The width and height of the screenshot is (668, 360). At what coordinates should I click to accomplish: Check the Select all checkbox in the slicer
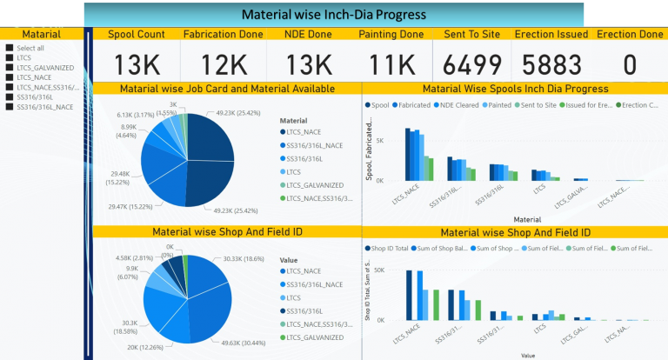[9, 48]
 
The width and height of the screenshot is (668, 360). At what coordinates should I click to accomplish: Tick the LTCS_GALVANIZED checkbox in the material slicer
[9, 67]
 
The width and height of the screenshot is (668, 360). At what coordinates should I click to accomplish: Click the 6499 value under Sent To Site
[472, 65]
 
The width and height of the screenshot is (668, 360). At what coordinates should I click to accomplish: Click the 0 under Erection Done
[630, 65]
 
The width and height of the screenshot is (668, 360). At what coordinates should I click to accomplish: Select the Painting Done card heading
[392, 35]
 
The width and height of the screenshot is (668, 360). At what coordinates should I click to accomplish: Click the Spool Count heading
[137, 35]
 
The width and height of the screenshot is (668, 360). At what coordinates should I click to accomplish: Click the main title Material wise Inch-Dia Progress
[333, 14]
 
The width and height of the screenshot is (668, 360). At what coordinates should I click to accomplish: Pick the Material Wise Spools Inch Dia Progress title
[515, 89]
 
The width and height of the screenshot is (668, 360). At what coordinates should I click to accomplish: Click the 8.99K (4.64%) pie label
[126, 130]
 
